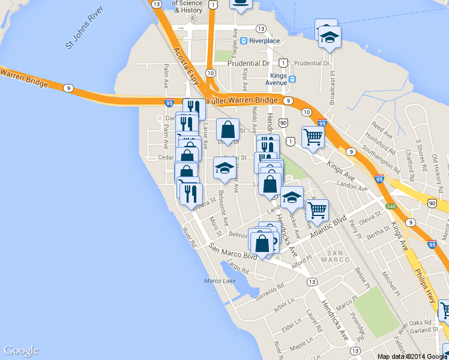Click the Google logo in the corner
click(21, 350)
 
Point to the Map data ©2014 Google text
click(412, 356)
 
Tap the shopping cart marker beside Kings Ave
click(313, 137)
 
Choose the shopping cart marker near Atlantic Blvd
click(317, 211)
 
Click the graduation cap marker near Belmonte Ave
click(224, 169)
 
